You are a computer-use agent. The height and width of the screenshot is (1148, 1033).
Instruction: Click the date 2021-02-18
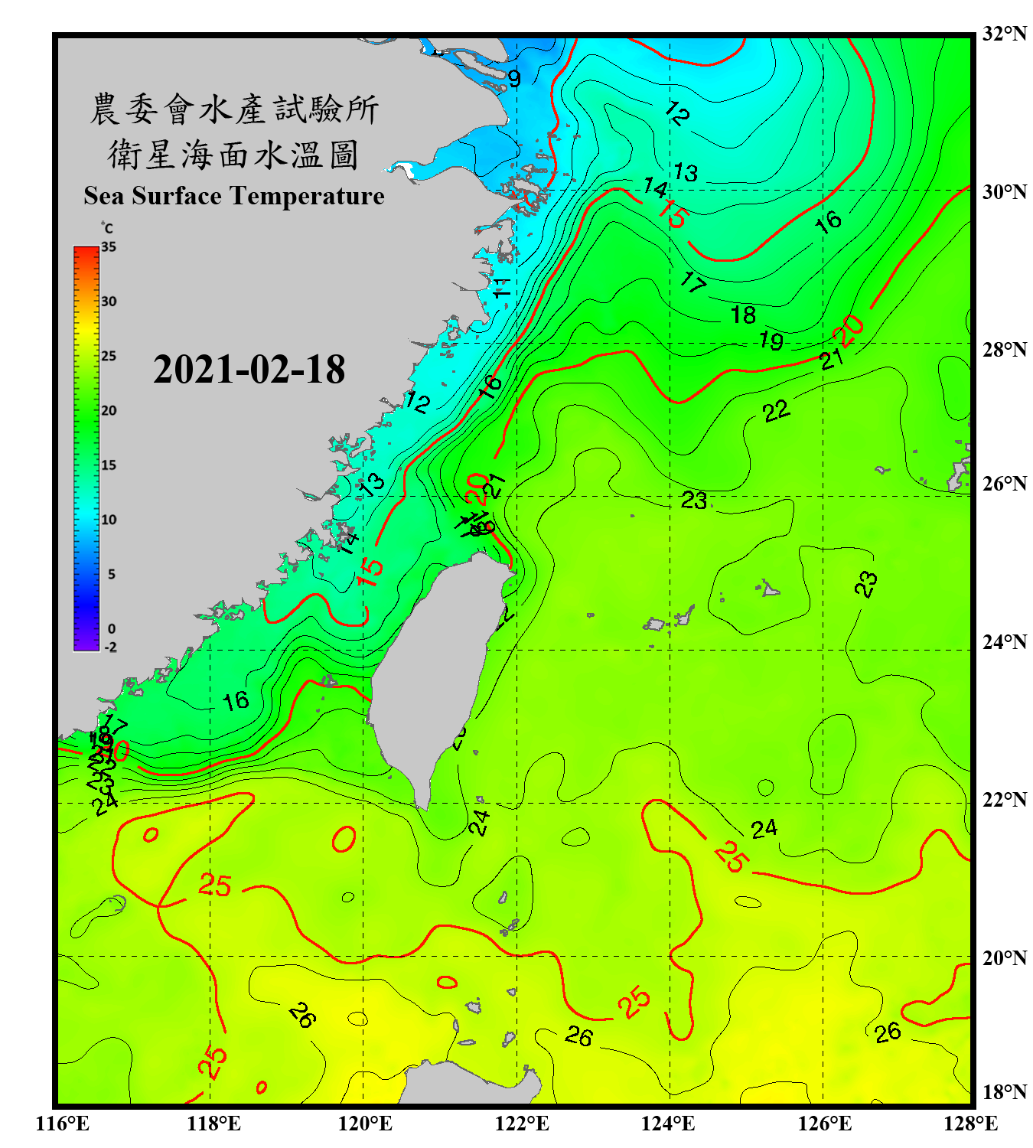tap(249, 370)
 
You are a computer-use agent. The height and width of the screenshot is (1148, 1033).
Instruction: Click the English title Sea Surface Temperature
tap(234, 196)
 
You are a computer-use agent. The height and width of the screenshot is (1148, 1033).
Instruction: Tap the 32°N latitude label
tap(1004, 34)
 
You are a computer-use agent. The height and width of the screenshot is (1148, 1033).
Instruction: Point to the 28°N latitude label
tap(1004, 350)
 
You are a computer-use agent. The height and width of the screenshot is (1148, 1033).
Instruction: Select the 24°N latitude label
tap(1004, 642)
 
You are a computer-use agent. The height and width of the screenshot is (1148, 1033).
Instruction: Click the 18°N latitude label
tap(1004, 1092)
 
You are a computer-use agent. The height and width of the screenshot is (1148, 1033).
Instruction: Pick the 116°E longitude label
tap(63, 1124)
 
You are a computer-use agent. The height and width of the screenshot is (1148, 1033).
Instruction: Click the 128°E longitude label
tap(970, 1124)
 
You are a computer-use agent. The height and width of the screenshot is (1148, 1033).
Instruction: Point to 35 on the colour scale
tap(109, 247)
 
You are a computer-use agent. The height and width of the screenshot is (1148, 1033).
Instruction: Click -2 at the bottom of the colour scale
tap(110, 647)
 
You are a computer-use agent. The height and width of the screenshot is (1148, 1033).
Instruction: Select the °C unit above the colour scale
tap(107, 228)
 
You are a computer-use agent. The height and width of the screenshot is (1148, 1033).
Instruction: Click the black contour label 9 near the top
tap(514, 79)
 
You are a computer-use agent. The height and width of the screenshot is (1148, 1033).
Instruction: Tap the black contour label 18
tap(743, 315)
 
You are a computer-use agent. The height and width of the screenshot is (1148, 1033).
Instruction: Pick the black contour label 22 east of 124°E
tap(776, 411)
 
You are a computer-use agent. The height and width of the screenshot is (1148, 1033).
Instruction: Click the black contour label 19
tap(771, 340)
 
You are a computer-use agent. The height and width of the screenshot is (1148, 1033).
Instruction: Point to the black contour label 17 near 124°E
tap(693, 282)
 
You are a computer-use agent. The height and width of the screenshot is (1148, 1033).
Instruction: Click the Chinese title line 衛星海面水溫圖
tap(233, 155)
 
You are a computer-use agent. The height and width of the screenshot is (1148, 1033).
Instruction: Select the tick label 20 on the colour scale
tap(109, 411)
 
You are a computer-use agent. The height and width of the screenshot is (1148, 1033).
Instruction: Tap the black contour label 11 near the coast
tap(501, 289)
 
